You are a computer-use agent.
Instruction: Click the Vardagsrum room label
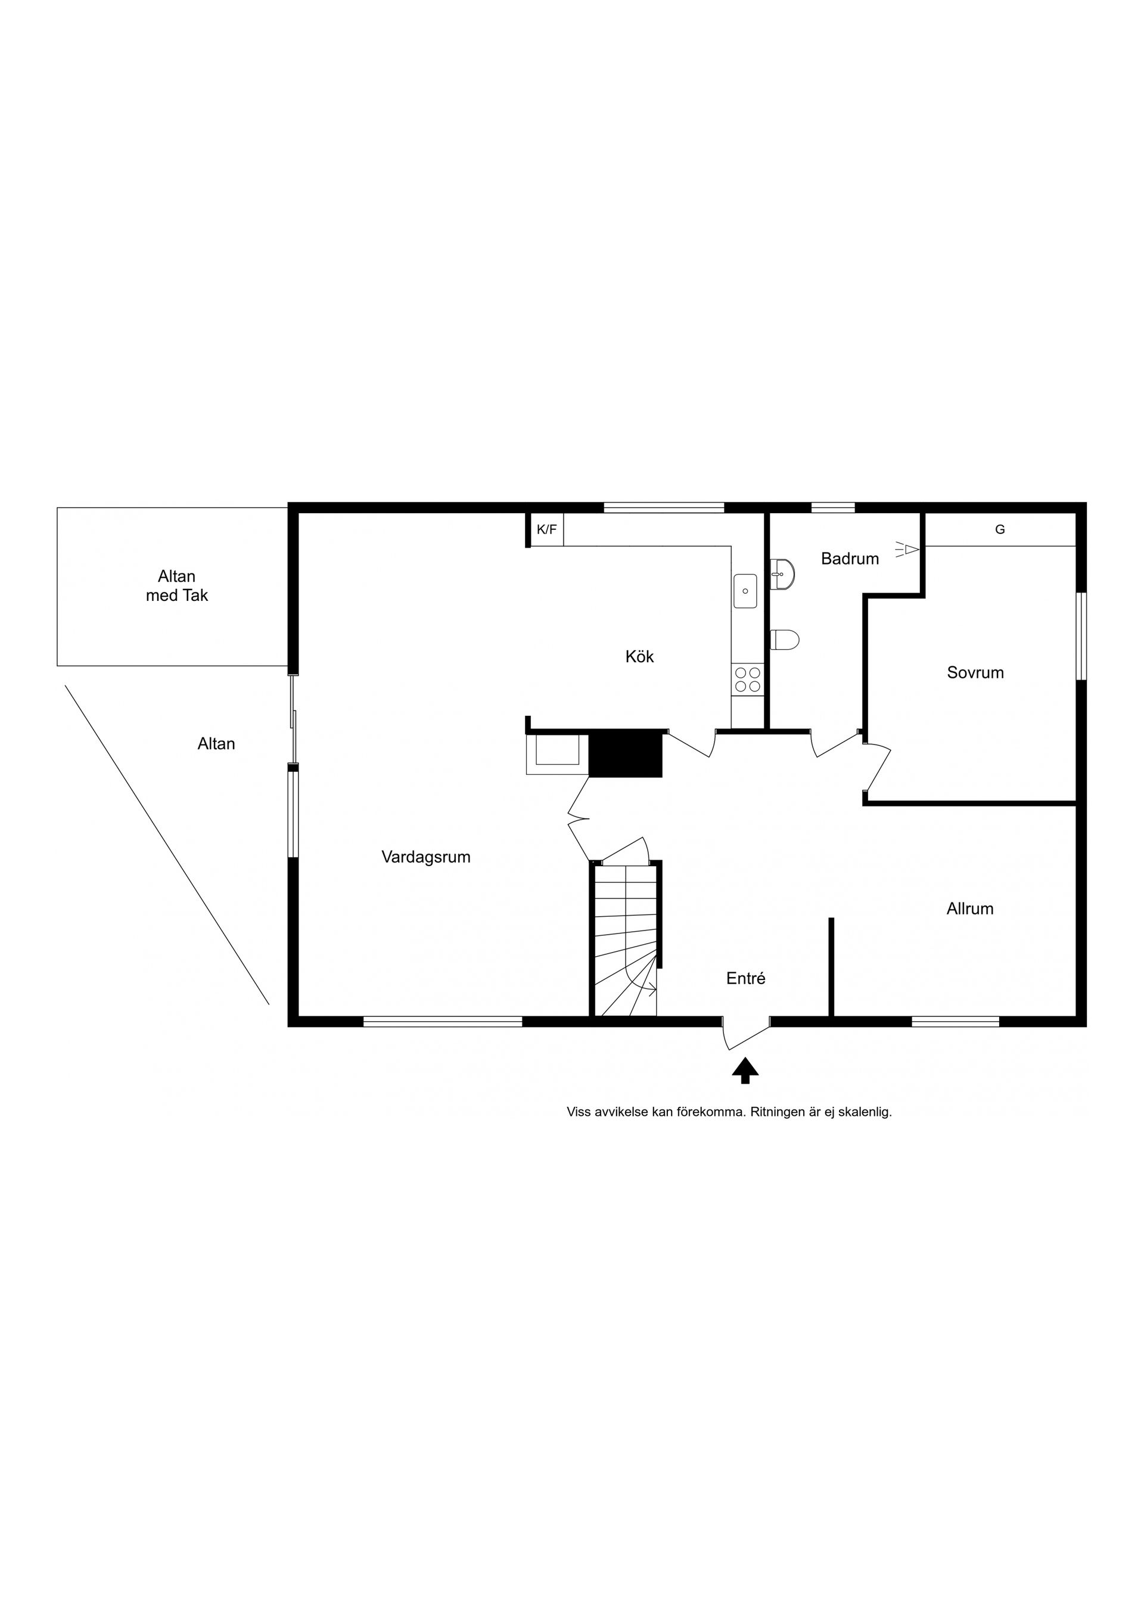click(x=426, y=857)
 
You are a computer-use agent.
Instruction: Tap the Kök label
click(x=639, y=656)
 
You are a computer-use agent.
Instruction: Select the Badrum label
click(x=850, y=559)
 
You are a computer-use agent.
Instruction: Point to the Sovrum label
click(x=975, y=673)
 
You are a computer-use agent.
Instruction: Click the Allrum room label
click(x=970, y=909)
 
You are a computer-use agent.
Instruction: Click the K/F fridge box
click(x=546, y=529)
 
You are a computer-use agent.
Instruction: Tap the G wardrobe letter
click(x=999, y=529)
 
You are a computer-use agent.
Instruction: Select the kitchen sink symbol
click(x=745, y=591)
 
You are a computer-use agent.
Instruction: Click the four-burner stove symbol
click(x=748, y=680)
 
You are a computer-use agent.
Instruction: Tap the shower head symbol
click(x=909, y=550)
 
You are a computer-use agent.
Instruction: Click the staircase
click(x=625, y=941)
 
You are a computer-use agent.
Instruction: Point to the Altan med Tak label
click(x=177, y=586)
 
